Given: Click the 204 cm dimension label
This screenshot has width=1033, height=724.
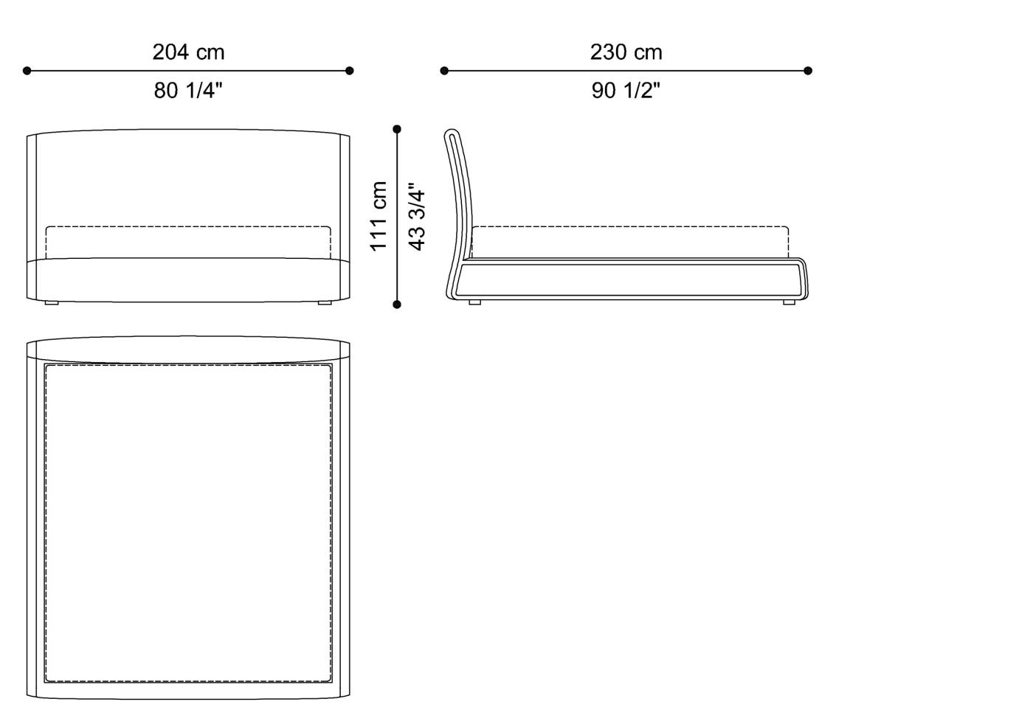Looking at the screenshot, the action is tap(189, 52).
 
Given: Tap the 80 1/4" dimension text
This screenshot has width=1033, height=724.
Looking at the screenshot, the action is tap(188, 91).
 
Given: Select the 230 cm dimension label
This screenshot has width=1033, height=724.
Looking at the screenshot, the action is tap(626, 52).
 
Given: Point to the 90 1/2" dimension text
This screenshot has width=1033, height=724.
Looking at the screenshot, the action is tap(626, 91).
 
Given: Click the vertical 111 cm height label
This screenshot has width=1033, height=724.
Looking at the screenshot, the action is tap(379, 216).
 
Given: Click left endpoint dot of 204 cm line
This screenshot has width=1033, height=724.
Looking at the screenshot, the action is tap(27, 71).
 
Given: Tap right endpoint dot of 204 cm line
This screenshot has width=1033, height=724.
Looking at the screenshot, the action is tap(350, 71).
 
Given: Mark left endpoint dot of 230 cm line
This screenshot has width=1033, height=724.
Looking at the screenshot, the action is tap(444, 71).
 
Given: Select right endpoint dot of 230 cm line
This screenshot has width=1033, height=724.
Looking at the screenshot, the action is tap(808, 71).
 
